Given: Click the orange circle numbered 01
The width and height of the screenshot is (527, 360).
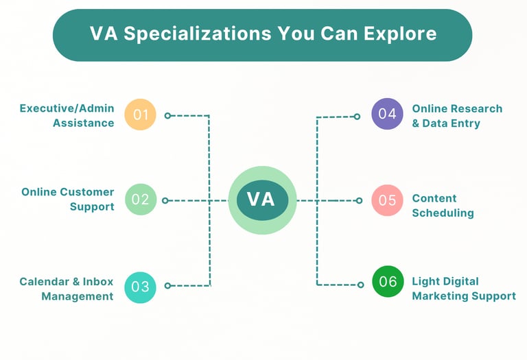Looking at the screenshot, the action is pyautogui.click(x=141, y=115).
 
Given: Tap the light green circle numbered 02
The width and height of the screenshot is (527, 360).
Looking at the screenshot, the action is pyautogui.click(x=141, y=200).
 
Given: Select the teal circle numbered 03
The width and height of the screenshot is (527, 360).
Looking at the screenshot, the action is pyautogui.click(x=141, y=287).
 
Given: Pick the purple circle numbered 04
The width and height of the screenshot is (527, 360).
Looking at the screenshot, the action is pyautogui.click(x=387, y=114).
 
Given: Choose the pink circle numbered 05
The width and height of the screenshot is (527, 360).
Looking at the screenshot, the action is pyautogui.click(x=387, y=200).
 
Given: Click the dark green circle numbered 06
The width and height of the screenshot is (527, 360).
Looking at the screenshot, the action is pyautogui.click(x=388, y=281).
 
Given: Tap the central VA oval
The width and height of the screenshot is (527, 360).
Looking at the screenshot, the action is pyautogui.click(x=261, y=200).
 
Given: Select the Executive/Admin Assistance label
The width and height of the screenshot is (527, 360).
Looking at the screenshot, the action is pyautogui.click(x=67, y=116).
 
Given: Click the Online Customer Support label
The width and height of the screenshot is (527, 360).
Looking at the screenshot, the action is pyautogui.click(x=68, y=199).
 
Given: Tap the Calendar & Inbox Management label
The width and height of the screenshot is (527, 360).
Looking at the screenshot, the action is pyautogui.click(x=67, y=289).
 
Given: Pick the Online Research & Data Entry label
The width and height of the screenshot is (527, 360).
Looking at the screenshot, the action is pyautogui.click(x=457, y=116).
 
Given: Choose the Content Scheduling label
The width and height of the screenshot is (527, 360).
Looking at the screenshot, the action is pyautogui.click(x=443, y=206).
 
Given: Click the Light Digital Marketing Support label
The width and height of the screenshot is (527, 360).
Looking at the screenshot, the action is pyautogui.click(x=463, y=289).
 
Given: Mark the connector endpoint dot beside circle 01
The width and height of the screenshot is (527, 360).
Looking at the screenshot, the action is pyautogui.click(x=167, y=116).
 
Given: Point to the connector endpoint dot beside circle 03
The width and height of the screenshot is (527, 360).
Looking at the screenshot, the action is pyautogui.click(x=167, y=285).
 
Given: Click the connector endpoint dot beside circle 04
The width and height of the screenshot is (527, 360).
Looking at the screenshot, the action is pyautogui.click(x=358, y=117).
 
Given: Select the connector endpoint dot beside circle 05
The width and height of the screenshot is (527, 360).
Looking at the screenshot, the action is pyautogui.click(x=358, y=200).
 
